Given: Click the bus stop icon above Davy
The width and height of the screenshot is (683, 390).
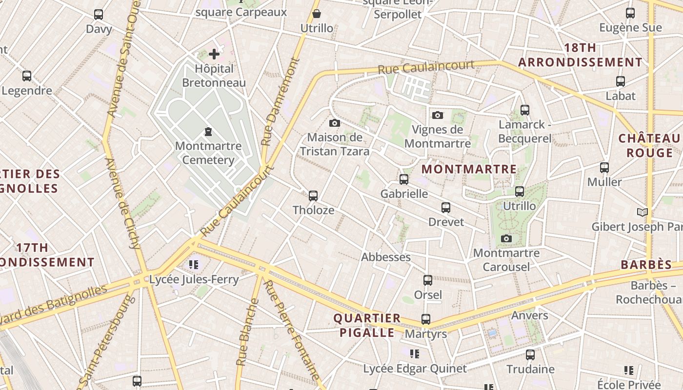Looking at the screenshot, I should (x=99, y=15).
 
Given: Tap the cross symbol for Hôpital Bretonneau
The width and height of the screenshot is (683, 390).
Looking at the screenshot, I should (x=214, y=54).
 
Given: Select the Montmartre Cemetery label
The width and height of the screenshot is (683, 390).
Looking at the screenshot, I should (x=208, y=153).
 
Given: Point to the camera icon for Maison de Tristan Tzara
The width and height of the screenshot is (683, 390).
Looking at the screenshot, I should (x=334, y=123).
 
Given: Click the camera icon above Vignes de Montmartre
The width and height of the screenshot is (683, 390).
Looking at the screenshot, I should (x=438, y=115).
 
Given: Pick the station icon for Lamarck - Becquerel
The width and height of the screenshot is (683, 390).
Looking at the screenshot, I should (x=524, y=110).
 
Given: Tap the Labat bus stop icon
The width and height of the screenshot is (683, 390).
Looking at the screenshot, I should (x=621, y=81).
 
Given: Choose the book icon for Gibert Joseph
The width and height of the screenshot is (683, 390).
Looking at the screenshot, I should (x=643, y=212).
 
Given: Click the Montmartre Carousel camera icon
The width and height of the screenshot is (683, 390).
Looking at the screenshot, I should (x=506, y=238).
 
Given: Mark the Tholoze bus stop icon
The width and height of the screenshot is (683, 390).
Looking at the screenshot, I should (x=313, y=196).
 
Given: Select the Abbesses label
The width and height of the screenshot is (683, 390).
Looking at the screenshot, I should (x=386, y=257).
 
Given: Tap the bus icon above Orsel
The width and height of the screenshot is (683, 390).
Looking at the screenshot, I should (x=428, y=280).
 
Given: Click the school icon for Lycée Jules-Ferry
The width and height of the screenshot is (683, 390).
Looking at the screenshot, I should (x=194, y=265).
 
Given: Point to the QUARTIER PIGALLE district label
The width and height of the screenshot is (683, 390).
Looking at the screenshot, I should (x=367, y=325).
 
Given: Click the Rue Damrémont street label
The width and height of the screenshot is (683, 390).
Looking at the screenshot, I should (x=280, y=102).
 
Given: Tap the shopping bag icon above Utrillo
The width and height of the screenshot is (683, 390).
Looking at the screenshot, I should (x=317, y=14).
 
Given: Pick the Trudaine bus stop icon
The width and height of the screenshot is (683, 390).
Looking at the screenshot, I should (x=530, y=355).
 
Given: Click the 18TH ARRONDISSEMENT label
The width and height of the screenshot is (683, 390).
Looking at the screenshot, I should (x=580, y=55).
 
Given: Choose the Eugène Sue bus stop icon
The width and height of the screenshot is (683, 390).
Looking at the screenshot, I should (x=630, y=13).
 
